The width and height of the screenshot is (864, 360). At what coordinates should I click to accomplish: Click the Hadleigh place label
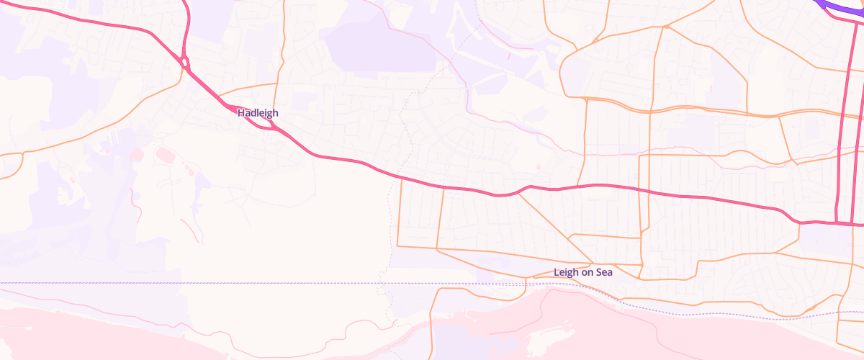pos(258,113)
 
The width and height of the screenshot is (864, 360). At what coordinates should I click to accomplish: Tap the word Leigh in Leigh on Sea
pos(567,272)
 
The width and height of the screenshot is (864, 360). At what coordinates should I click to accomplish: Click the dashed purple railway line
pos(216,284)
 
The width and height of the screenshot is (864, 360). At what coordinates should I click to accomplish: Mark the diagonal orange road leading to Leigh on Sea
pos(554,227)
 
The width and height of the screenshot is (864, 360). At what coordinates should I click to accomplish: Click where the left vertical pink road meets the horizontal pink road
pos(837,222)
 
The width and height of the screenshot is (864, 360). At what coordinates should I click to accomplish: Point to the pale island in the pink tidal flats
pos(576,317)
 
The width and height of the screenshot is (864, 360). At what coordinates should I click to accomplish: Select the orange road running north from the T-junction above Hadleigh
pos(282,36)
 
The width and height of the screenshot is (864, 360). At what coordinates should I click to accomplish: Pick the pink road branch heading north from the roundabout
pos(186,29)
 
